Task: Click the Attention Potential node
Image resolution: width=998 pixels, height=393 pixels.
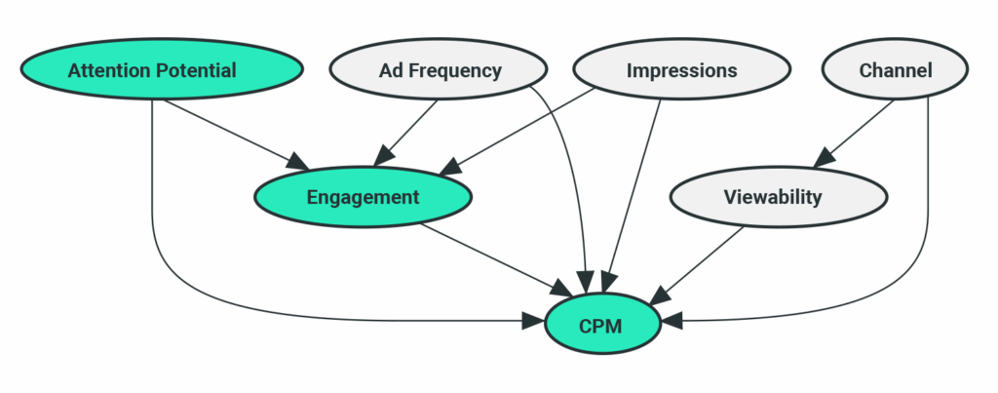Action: (151, 70)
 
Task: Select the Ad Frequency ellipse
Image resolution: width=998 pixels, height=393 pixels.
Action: (440, 70)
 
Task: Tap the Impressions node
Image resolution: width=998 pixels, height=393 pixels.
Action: (680, 70)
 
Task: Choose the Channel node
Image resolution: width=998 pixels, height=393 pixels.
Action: (895, 70)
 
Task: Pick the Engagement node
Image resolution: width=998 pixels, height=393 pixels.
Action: (363, 197)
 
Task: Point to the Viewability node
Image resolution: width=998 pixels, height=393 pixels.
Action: (778, 197)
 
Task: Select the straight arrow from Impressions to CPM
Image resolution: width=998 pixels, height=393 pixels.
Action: (634, 195)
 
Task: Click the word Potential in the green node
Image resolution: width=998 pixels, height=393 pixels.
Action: (200, 70)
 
